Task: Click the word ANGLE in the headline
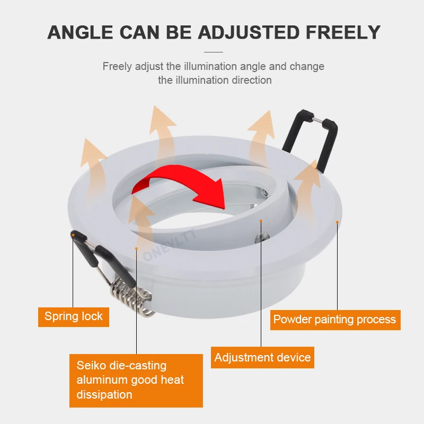[x=81, y=32]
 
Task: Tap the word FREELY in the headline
[x=343, y=32]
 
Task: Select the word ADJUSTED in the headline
[x=249, y=32]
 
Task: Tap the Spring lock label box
[x=74, y=317]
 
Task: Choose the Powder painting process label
[x=335, y=320]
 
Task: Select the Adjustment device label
[x=262, y=357]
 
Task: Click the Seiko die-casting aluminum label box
[x=136, y=381]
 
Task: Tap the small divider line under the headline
[x=214, y=52]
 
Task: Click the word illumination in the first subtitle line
[x=211, y=66]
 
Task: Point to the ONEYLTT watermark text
[x=169, y=245]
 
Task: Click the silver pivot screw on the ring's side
[x=262, y=236]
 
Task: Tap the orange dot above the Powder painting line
[x=337, y=222]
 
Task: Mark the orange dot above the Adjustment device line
[x=261, y=221]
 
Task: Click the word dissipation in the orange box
[x=104, y=395]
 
